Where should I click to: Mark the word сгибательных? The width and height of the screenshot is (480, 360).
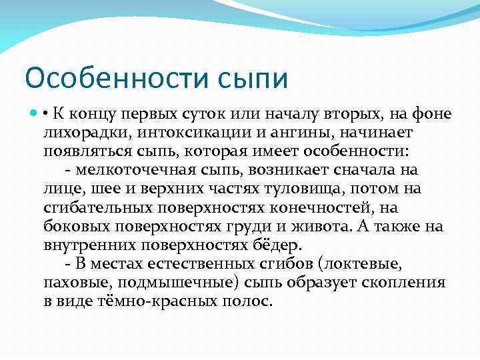pos(93,207)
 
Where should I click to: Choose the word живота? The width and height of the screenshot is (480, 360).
pos(324,226)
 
